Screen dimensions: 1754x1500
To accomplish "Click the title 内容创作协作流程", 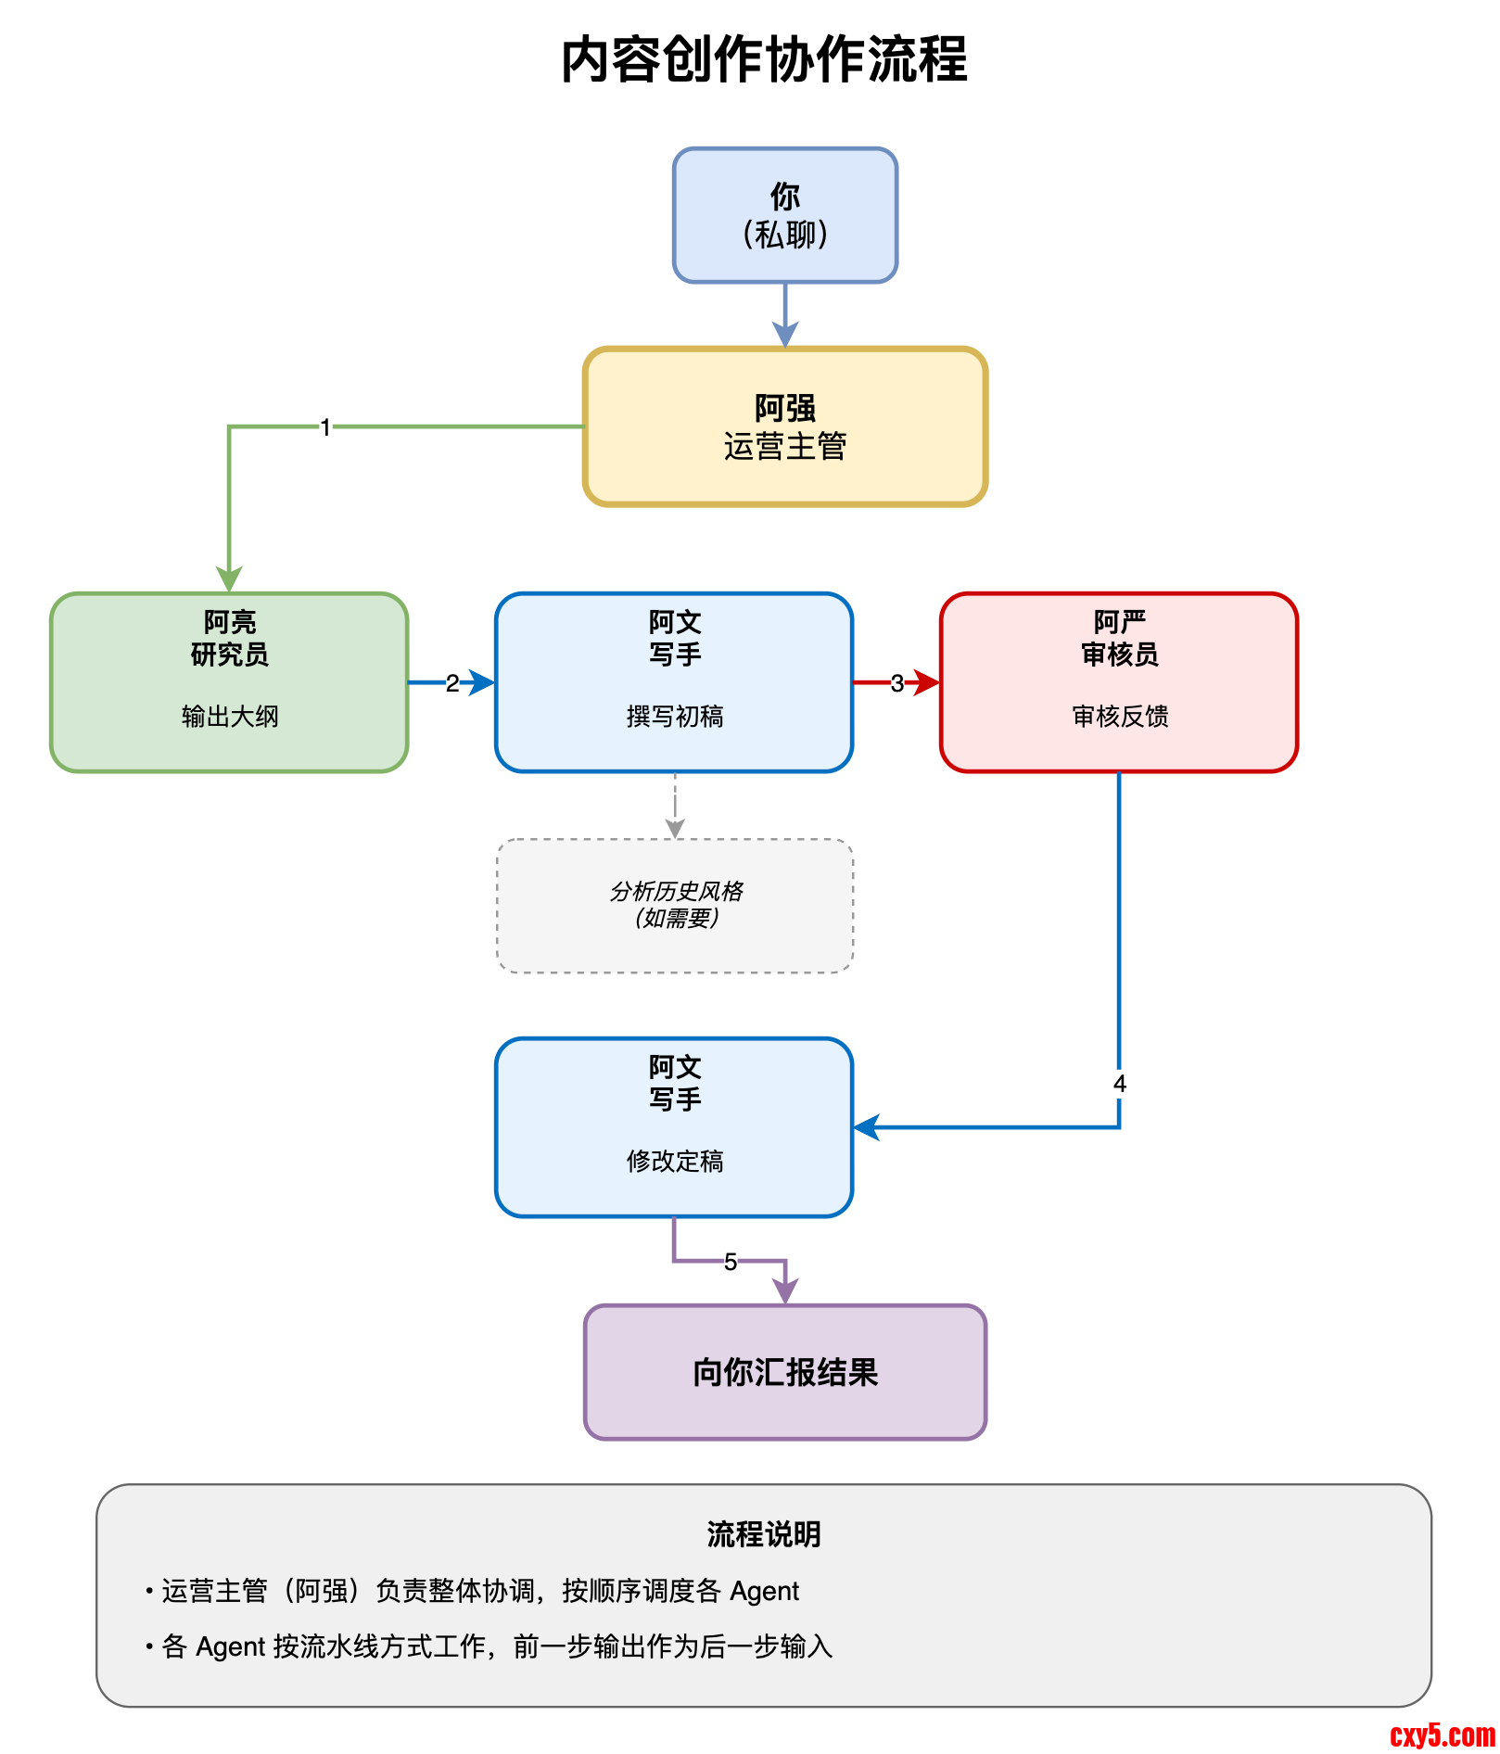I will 764,59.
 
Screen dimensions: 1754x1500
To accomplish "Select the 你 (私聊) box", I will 784,215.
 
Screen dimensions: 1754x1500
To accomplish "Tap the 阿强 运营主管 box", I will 784,426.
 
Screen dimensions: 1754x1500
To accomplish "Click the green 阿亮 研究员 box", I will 229,681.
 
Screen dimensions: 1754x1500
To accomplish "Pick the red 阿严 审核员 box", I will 1118,681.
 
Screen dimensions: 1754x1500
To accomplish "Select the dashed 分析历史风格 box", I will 675,905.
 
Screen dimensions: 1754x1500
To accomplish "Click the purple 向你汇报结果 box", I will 784,1372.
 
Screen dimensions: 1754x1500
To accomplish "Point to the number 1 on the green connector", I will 325,427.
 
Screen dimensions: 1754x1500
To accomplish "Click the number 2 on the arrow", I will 451,683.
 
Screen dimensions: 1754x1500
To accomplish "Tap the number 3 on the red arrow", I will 896,683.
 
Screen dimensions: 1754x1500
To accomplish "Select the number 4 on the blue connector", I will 1119,1084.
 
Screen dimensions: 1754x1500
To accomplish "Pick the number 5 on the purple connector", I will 731,1262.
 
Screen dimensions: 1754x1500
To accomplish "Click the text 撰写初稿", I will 675,716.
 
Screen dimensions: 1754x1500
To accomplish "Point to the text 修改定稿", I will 675,1161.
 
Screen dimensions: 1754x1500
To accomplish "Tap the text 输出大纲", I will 230,716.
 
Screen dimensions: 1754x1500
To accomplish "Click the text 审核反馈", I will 1120,716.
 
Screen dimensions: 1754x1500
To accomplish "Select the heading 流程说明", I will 764,1534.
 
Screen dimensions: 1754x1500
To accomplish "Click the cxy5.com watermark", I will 1442,1735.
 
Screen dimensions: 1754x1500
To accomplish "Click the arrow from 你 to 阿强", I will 785,315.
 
